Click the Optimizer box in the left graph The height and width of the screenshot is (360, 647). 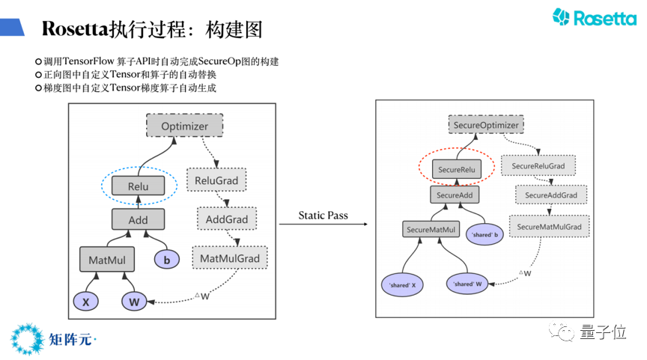click(184, 126)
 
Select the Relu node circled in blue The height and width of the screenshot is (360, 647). click(139, 186)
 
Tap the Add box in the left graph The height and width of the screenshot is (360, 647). click(139, 219)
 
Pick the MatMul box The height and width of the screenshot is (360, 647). click(107, 260)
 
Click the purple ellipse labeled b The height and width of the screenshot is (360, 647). click(167, 260)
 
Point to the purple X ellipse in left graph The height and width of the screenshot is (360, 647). click(86, 302)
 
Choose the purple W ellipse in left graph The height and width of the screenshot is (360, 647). click(134, 302)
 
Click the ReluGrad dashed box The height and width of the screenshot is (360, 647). click(216, 180)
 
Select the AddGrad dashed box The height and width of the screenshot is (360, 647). click(227, 219)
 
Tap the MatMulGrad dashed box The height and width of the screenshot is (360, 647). click(230, 258)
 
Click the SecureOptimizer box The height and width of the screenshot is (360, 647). click(486, 124)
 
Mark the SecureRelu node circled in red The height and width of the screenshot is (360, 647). click(457, 169)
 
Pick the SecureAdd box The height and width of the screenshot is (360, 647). click(455, 195)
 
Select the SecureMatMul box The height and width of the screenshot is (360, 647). click(431, 229)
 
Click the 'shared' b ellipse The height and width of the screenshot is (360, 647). click(485, 234)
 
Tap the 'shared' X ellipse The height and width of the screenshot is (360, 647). click(402, 284)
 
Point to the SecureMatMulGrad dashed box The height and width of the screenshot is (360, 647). click(549, 226)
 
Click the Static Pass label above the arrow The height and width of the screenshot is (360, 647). click(323, 216)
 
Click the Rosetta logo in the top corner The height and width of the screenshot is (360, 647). click(595, 18)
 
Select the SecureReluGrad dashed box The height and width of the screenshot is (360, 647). click(538, 165)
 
